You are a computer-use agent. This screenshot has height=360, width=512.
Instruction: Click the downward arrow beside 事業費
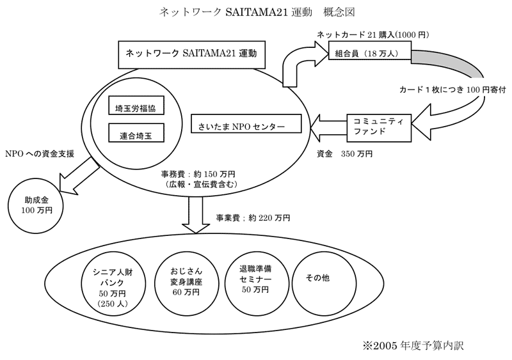pyautogui.click(x=196, y=215)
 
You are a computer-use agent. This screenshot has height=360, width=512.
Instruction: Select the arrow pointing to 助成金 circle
pyautogui.click(x=79, y=176)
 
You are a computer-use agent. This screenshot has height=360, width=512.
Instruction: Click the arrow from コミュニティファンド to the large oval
pyautogui.click(x=328, y=128)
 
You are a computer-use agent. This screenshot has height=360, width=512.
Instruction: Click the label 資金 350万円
pyautogui.click(x=344, y=153)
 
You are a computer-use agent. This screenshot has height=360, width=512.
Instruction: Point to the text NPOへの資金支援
pyautogui.click(x=40, y=153)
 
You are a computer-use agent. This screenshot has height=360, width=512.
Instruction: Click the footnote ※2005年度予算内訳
pyautogui.click(x=413, y=346)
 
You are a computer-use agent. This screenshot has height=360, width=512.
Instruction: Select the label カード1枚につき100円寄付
pyautogui.click(x=452, y=90)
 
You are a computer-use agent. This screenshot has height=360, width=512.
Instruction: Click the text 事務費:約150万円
pyautogui.click(x=198, y=175)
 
